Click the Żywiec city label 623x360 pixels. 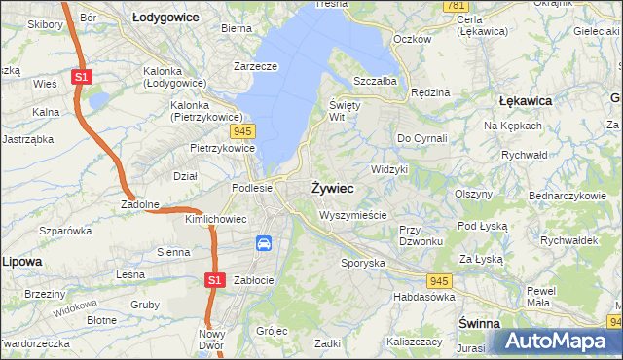[x=332, y=186]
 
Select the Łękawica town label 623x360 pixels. [x=525, y=100]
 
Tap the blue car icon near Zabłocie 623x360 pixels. [x=263, y=243]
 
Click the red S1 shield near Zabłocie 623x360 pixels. [x=216, y=280]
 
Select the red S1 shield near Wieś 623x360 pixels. [x=82, y=75]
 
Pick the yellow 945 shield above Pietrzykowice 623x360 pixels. [x=243, y=129]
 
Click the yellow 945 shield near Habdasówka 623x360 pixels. [x=465, y=280]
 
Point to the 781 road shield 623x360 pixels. [x=455, y=6]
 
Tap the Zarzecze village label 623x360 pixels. [x=256, y=66]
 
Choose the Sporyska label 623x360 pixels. [x=363, y=263]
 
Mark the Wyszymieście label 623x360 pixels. [x=352, y=215]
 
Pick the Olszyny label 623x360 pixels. [x=475, y=194]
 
